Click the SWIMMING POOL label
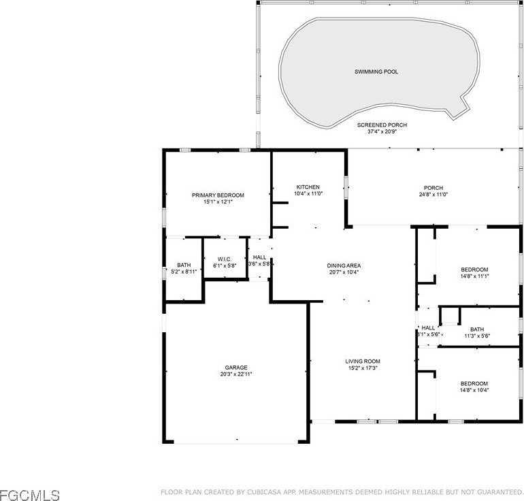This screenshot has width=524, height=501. pos(376,71)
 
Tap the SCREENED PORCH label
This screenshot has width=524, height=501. pos(382,125)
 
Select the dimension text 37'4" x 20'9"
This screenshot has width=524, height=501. pos(382,131)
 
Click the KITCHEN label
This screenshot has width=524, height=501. pos(308,187)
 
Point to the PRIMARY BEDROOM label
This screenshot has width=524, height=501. pos(218,195)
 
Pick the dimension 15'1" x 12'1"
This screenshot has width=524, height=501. pos(218,202)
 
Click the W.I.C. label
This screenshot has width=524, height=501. pos(225,259)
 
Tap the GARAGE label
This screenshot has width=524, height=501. pos(236,368)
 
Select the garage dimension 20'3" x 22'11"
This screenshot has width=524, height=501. pos(236,374)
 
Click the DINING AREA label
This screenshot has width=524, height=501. pos(344,265)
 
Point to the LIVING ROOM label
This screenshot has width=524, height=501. pos(363,361)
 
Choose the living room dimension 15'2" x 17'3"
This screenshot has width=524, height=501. pos(363,368)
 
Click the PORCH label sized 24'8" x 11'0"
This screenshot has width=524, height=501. pos(433,188)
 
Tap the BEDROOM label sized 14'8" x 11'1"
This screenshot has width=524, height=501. pos(474,270)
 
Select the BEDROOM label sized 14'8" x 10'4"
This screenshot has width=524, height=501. pos(474,384)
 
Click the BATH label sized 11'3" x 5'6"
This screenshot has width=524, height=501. pos(477,329)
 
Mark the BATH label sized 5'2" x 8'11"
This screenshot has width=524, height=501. pos(184,265)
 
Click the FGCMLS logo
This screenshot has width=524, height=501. pos(30,495)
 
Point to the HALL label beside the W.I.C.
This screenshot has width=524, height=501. pos(260,257)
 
